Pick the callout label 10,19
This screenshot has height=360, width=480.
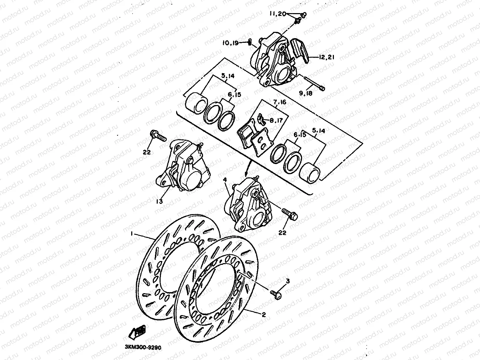(x=230, y=43)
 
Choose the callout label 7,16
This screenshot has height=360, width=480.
(x=279, y=102)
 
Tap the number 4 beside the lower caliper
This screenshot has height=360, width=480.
(x=225, y=180)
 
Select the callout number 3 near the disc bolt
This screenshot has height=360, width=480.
(x=288, y=281)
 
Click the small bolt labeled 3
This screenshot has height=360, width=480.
(x=276, y=294)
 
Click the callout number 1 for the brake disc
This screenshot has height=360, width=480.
(x=132, y=234)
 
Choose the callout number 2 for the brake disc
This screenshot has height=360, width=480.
(x=263, y=314)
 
